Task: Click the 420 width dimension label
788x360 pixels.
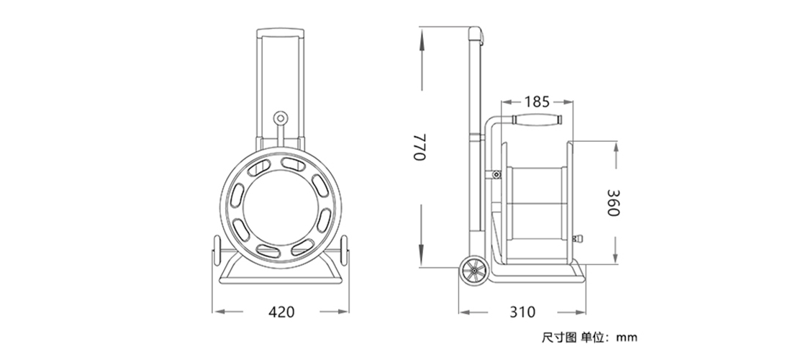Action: pyautogui.click(x=281, y=312)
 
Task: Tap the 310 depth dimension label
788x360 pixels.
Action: pyautogui.click(x=522, y=312)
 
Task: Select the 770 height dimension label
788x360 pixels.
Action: pyautogui.click(x=420, y=148)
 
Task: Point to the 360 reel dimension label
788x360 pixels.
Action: pyautogui.click(x=613, y=202)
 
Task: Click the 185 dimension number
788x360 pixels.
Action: pyautogui.click(x=537, y=102)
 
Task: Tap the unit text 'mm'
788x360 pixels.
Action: pyautogui.click(x=627, y=338)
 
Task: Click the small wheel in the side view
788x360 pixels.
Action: pyautogui.click(x=474, y=272)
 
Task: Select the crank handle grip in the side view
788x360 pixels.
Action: pyautogui.click(x=537, y=120)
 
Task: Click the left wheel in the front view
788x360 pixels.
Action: pyautogui.click(x=217, y=251)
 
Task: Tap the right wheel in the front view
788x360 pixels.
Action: pyautogui.click(x=344, y=251)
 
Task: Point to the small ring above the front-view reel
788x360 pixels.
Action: pyautogui.click(x=281, y=120)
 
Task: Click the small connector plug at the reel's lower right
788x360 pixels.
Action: pyautogui.click(x=577, y=238)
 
